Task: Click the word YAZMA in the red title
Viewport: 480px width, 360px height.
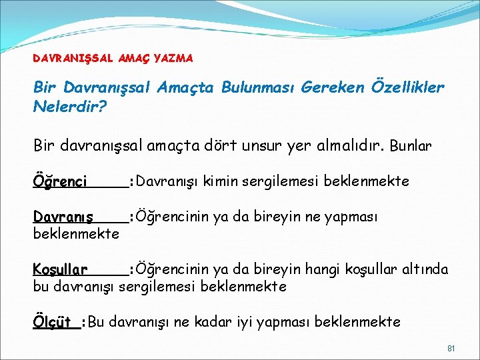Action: [173, 59]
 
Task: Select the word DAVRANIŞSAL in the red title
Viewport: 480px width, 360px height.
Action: [74, 59]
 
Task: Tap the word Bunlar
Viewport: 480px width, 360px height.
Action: [411, 145]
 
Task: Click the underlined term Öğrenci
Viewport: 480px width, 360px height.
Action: [60, 181]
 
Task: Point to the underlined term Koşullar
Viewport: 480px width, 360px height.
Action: [60, 270]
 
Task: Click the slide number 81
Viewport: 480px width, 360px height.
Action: [451, 349]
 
